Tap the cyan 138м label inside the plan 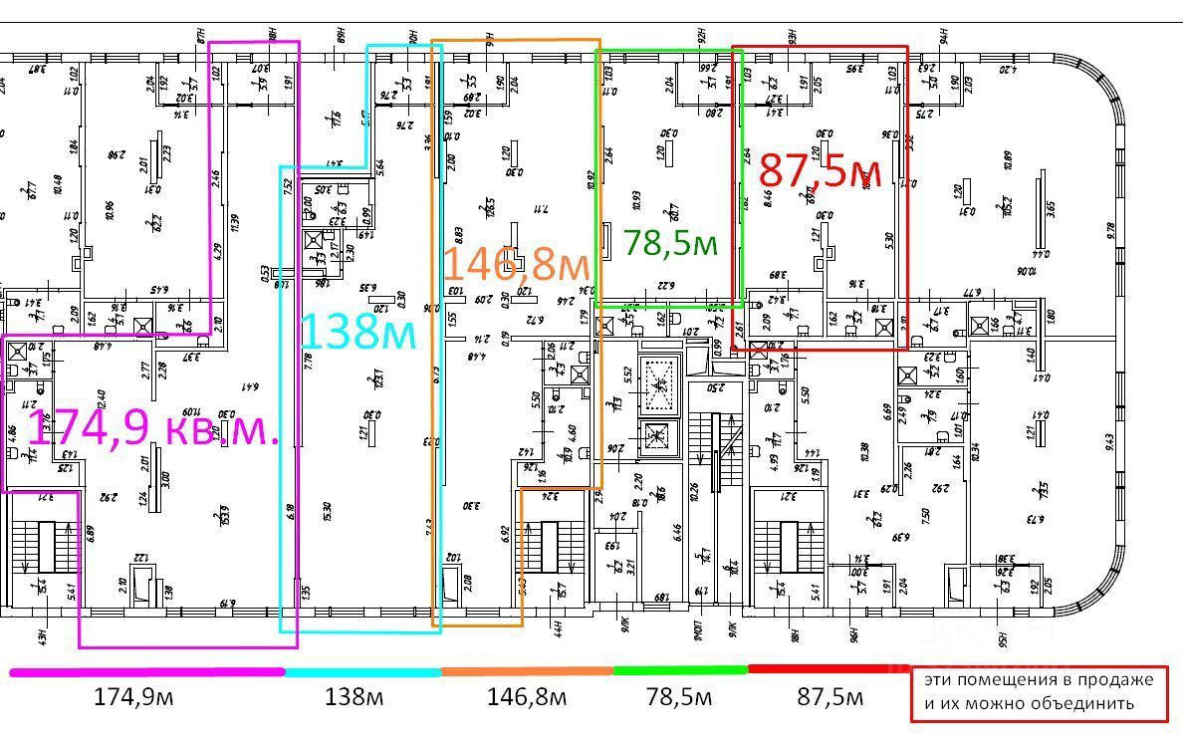point(357,332)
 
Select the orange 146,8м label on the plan point(516,265)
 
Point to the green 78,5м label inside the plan point(670,243)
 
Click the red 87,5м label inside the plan point(818,169)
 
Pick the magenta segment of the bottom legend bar point(147,672)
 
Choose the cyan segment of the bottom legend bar point(363,672)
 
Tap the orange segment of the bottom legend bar point(527,671)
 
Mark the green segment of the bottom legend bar point(680,670)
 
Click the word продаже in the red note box point(1116,680)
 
